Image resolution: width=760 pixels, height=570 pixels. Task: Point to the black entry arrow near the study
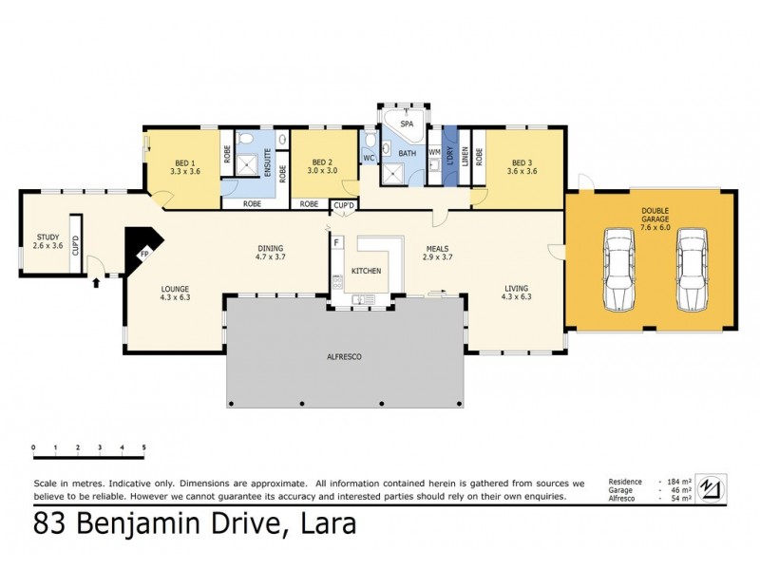pyautogui.click(x=95, y=281)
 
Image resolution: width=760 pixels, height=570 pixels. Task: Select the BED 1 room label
pyautogui.click(x=183, y=162)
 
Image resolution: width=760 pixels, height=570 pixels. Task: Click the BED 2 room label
pyautogui.click(x=322, y=162)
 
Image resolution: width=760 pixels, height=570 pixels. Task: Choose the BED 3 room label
pyautogui.click(x=522, y=162)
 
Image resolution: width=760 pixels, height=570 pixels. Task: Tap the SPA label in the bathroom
pyautogui.click(x=406, y=124)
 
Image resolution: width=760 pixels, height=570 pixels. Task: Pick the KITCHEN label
pyautogui.click(x=367, y=271)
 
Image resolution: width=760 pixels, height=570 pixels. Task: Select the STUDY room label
pyautogui.click(x=47, y=237)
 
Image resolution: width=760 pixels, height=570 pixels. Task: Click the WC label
pyautogui.click(x=369, y=160)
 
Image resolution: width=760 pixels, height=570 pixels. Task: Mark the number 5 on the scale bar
pyautogui.click(x=143, y=446)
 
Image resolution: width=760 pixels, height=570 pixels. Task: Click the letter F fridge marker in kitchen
pyautogui.click(x=336, y=242)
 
